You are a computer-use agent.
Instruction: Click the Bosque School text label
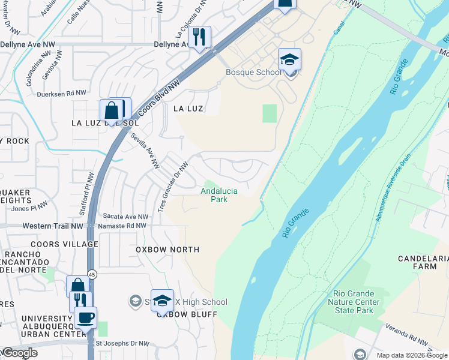pyautogui.click(x=253, y=73)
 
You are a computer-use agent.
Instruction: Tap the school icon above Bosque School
pyautogui.click(x=289, y=61)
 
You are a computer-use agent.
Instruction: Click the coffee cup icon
pyautogui.click(x=85, y=318)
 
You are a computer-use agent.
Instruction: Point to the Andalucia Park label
pyautogui.click(x=219, y=195)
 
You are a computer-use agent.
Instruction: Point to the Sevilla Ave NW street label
pyautogui.click(x=146, y=151)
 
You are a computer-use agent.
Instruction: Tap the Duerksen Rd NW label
pyautogui.click(x=62, y=93)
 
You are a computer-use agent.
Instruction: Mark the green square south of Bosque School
pyautogui.click(x=270, y=113)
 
